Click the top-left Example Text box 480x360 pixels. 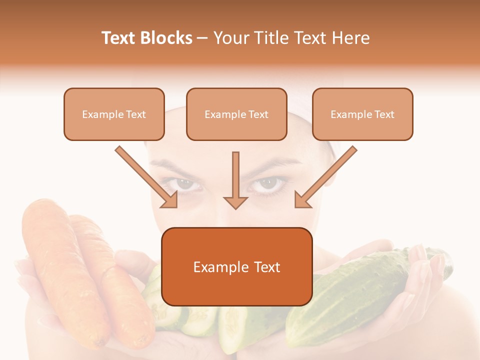tap(114, 114)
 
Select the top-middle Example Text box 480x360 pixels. tap(236, 114)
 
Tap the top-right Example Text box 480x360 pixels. tap(362, 114)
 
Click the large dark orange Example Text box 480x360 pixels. tap(237, 266)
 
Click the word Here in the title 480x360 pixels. tap(351, 38)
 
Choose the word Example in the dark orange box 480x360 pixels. tap(215, 267)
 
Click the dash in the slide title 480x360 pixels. tap(202, 38)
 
